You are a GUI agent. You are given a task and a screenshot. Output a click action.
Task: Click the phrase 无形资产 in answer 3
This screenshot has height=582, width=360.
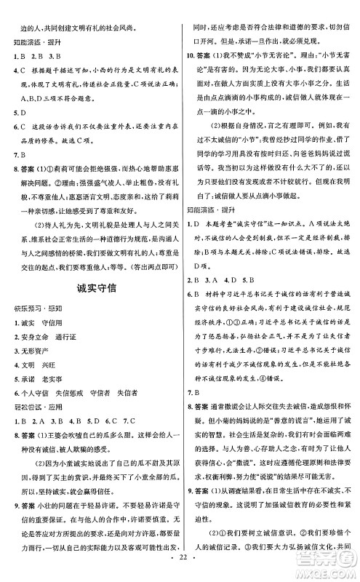pos(36,350)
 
